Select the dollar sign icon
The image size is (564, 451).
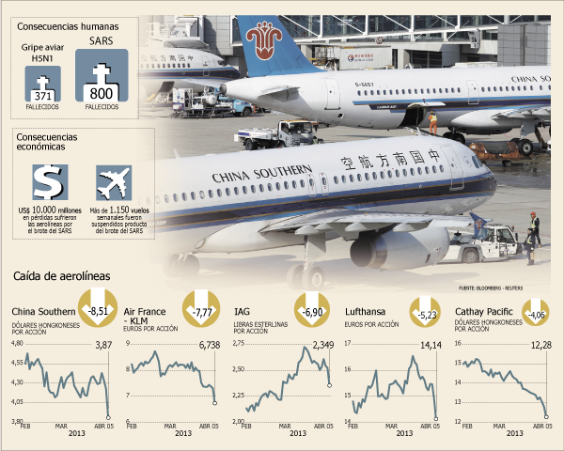[46, 182]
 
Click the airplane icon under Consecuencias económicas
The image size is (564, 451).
[113, 182]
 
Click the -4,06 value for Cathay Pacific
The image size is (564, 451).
[536, 315]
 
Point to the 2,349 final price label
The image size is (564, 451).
[324, 346]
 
